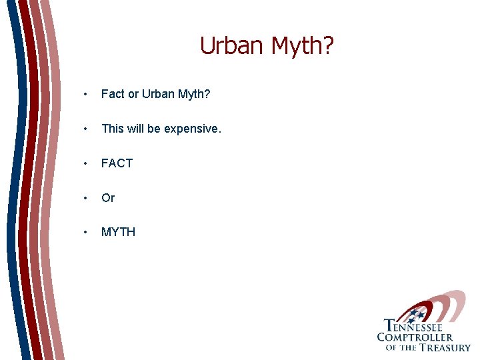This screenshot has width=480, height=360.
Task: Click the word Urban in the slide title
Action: coord(233,45)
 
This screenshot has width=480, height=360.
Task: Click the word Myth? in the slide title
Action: coord(303,45)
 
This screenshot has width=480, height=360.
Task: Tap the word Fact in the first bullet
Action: coord(113,94)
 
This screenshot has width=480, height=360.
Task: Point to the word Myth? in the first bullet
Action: coord(195,94)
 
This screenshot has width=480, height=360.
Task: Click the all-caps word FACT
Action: coord(117,163)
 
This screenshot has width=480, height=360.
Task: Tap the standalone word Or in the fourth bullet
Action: coord(108,198)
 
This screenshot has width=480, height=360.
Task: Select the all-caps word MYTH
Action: coord(118,232)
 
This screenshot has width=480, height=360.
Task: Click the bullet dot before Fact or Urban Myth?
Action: coord(85,95)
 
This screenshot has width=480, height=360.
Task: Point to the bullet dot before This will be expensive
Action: coord(85,129)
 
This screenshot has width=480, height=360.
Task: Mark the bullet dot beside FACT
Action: coord(85,164)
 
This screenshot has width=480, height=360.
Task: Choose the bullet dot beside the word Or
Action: coord(85,199)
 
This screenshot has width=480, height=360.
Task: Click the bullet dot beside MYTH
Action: coord(85,233)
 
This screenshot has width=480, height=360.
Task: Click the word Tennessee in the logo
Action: coord(413,326)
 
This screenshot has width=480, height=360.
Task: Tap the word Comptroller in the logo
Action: coord(414,337)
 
